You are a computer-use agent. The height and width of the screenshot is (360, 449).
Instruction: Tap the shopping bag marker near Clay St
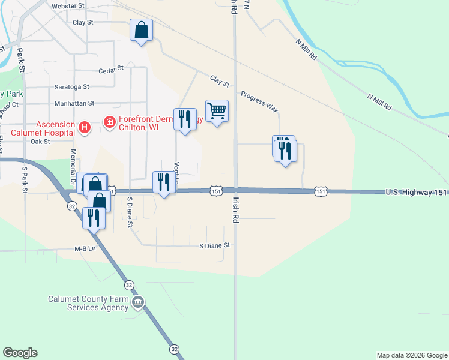[x=141, y=31]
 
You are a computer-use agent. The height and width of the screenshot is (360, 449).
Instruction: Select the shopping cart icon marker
[x=217, y=111]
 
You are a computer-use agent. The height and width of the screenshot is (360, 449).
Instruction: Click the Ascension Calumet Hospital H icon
[x=85, y=127]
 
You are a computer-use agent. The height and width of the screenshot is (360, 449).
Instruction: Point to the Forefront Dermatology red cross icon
[x=110, y=123]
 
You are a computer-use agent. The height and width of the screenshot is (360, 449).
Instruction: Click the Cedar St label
[x=110, y=69]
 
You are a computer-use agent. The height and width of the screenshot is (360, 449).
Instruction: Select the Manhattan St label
[x=74, y=104]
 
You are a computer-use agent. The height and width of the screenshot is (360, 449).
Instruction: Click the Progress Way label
[x=259, y=101]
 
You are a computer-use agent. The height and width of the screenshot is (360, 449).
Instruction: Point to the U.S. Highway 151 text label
[x=415, y=191]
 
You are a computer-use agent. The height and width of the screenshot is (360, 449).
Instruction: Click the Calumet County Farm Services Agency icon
[x=139, y=301]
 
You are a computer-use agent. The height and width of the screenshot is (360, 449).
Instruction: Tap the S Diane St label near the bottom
[x=214, y=245]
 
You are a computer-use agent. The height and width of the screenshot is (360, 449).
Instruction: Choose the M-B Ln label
[x=85, y=248]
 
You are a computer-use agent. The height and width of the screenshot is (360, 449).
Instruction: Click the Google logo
[x=20, y=353]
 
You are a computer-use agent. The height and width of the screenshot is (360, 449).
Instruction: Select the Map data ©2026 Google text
[x=411, y=355]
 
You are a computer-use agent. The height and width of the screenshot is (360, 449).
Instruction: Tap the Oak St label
[x=40, y=142]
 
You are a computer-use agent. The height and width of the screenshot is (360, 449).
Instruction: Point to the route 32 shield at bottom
[x=174, y=349]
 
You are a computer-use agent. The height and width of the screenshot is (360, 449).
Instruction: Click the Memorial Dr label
[x=74, y=170]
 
